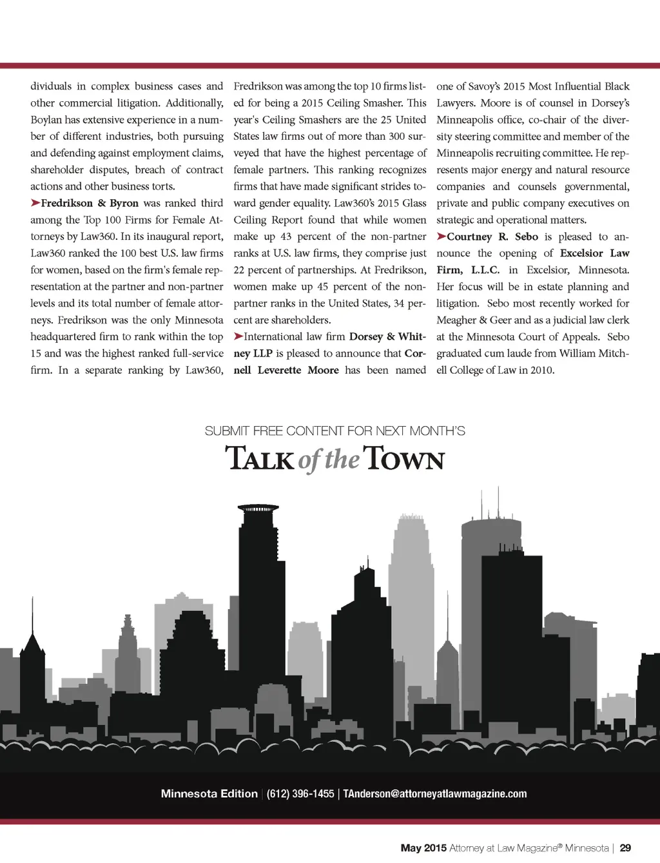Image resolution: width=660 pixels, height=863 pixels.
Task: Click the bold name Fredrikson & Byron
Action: (x=90, y=203)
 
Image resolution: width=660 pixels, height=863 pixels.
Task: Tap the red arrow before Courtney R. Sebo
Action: (x=441, y=237)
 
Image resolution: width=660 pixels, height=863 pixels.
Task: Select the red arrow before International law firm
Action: (x=238, y=336)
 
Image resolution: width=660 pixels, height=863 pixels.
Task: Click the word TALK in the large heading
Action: (x=260, y=459)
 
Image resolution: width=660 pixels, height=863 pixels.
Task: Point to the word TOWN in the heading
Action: (x=403, y=459)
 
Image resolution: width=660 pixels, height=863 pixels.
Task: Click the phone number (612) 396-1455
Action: (x=300, y=794)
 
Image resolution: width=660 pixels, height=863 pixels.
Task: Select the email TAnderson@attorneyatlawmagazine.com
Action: (x=434, y=794)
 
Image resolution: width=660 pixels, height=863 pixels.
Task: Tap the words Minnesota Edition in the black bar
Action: (x=209, y=794)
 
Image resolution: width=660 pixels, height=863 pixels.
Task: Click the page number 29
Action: (x=625, y=848)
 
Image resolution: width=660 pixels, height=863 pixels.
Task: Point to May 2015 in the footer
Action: (x=423, y=848)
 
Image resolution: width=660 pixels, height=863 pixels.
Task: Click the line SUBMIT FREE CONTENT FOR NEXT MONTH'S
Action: (x=335, y=431)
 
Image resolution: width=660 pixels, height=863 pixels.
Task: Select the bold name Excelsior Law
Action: (x=594, y=253)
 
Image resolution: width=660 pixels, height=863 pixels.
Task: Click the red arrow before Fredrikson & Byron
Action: (x=35, y=203)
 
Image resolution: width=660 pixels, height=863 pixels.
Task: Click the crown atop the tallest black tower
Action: (x=258, y=509)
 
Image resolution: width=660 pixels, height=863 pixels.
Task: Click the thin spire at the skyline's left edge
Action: (x=32, y=619)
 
